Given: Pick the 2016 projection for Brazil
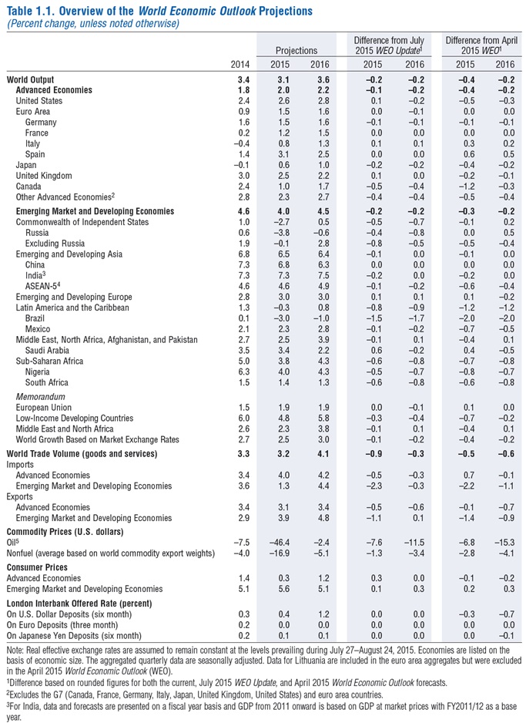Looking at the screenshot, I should (320, 318).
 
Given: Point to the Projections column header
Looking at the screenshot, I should (302, 50).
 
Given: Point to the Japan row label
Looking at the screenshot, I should (28, 166).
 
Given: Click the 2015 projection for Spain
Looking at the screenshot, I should (283, 155).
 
